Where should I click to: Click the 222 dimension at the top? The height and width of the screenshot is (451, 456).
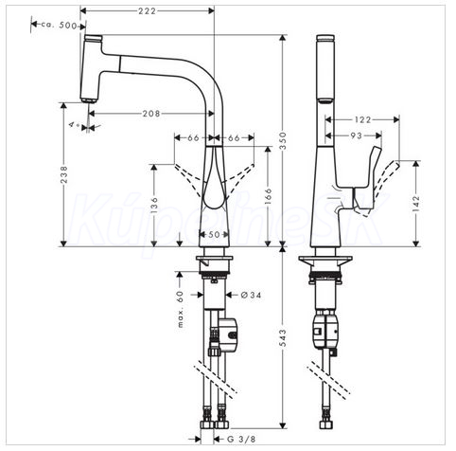[147, 11]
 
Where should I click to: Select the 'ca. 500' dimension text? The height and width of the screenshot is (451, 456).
[60, 25]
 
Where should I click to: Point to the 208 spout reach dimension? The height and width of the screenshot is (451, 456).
[151, 113]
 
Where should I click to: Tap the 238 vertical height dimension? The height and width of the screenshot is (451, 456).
[63, 174]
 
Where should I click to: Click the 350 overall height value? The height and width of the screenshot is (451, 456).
[283, 141]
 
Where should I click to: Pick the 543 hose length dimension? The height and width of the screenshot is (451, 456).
[283, 337]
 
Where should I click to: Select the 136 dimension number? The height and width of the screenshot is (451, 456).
[154, 206]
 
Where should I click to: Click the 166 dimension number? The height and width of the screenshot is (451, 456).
[268, 196]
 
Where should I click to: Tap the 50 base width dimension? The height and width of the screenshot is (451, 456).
[214, 235]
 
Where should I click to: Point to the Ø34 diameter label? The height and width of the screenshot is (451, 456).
[251, 295]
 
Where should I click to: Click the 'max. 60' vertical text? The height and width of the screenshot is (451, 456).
[180, 309]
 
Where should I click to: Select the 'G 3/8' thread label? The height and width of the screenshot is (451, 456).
[241, 439]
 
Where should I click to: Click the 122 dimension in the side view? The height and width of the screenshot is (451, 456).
[362, 119]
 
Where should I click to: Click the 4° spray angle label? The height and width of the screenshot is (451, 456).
[74, 124]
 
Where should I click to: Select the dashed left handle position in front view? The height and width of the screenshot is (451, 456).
[188, 178]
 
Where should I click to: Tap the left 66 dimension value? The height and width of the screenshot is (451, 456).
[193, 138]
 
